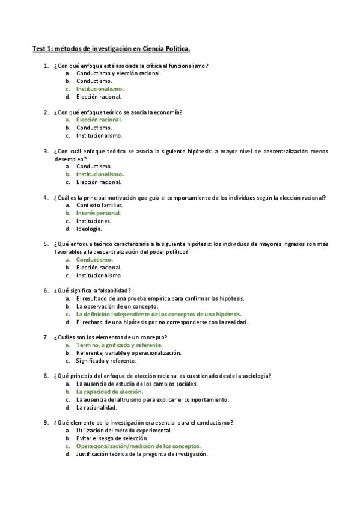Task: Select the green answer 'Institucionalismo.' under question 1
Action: click(x=99, y=88)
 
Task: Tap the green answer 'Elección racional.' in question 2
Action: click(x=99, y=120)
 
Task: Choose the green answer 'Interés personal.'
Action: click(x=98, y=213)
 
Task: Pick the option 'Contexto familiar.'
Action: click(x=99, y=205)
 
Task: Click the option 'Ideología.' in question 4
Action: click(x=89, y=229)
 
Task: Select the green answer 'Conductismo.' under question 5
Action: click(x=94, y=260)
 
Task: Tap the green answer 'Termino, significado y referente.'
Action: click(x=119, y=346)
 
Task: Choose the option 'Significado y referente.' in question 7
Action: click(x=106, y=361)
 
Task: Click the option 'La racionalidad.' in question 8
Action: click(x=96, y=408)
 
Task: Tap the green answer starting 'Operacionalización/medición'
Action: click(x=138, y=447)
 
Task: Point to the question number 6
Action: click(x=46, y=291)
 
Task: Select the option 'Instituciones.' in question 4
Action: click(x=94, y=221)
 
